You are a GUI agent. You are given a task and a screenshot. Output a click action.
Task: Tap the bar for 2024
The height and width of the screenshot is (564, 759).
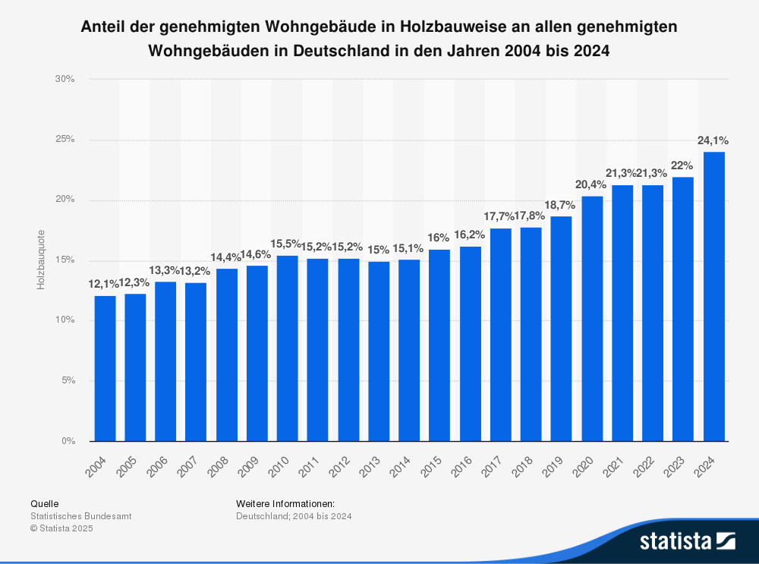[714, 296]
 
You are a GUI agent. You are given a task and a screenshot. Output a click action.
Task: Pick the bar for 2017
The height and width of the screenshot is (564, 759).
[501, 334]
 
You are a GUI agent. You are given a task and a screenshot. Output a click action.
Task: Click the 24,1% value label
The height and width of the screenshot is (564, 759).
[713, 140]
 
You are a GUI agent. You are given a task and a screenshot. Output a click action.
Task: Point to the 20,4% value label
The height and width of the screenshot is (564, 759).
[592, 184]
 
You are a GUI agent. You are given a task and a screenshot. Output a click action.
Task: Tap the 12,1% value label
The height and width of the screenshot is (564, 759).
[104, 284]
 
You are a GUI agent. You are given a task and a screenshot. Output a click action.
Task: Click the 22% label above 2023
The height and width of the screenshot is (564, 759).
[683, 165]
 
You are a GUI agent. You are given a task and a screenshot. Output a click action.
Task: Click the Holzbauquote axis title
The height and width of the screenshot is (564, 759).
[41, 259]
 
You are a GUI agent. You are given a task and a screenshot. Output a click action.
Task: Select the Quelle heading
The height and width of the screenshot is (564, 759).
[44, 503]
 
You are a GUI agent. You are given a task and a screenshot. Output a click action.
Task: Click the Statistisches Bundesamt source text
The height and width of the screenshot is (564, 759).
[80, 515]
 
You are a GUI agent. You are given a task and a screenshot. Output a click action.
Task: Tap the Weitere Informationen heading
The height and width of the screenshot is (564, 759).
[285, 503]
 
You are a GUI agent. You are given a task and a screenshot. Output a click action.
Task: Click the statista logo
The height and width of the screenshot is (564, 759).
[687, 540]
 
